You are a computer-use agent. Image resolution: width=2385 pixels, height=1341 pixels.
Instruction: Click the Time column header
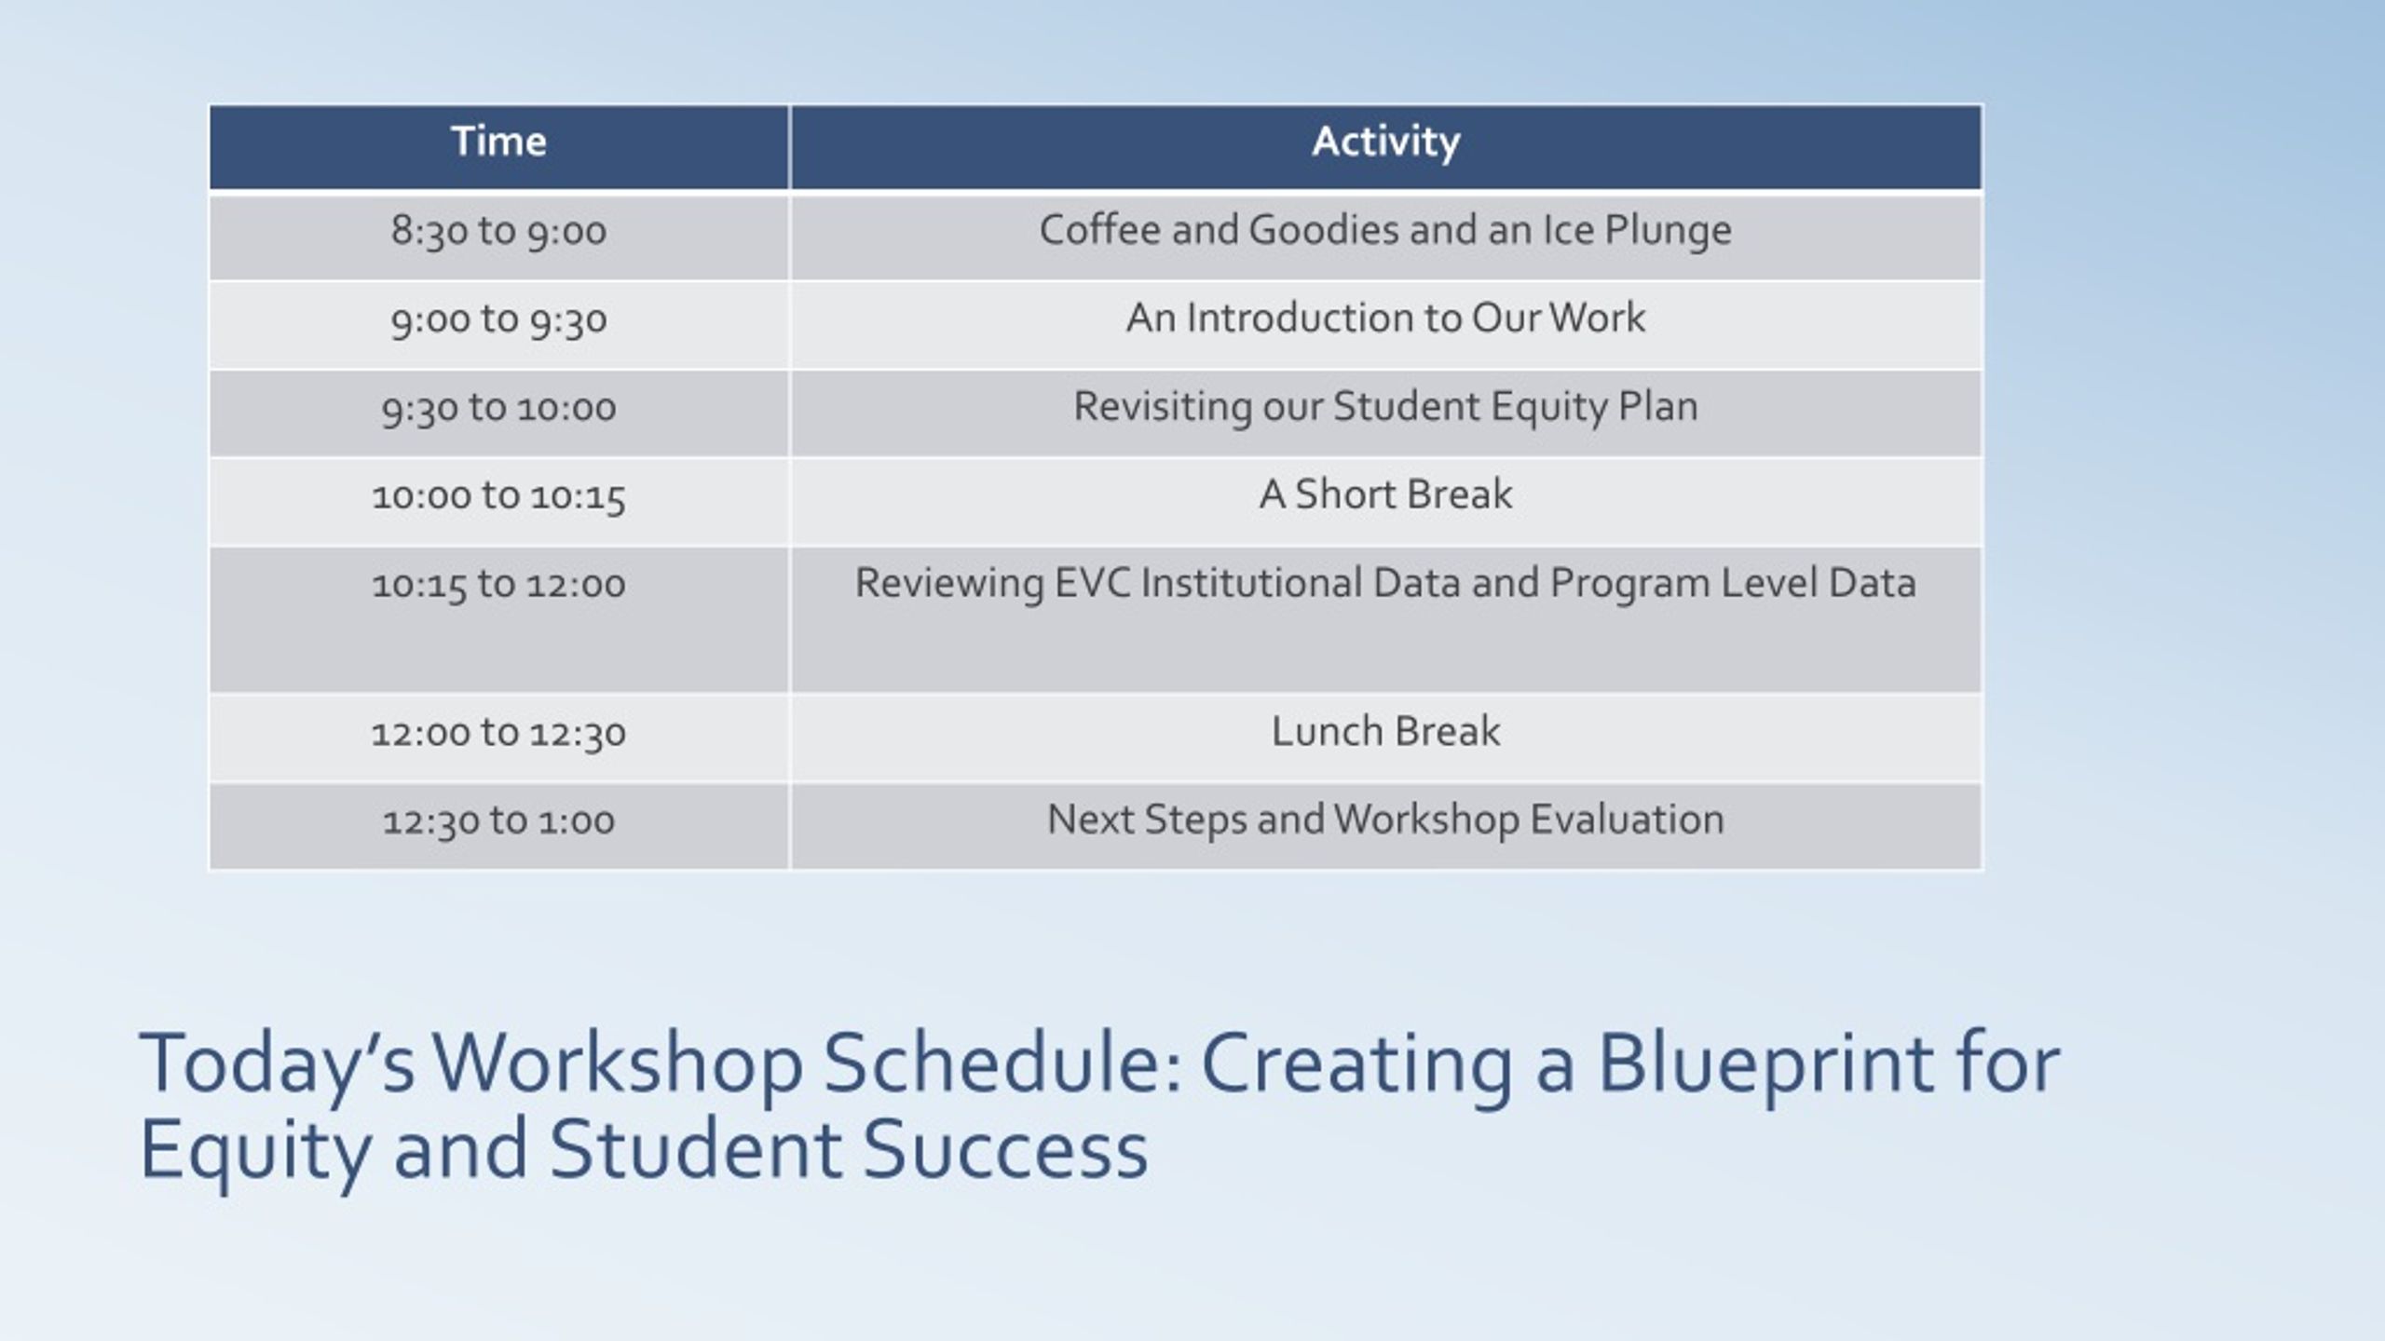(498, 142)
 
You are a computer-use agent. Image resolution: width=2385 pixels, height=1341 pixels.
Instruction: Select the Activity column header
(1385, 142)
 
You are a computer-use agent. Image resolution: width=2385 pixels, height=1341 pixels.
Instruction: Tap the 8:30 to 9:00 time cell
(498, 231)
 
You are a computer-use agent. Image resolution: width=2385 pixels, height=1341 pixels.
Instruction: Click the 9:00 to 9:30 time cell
(498, 319)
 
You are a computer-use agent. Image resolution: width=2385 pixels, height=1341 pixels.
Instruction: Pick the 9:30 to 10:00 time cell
(498, 408)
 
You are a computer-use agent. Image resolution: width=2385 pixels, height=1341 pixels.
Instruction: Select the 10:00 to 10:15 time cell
(498, 495)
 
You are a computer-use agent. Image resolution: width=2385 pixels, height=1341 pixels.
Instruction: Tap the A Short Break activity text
(1385, 494)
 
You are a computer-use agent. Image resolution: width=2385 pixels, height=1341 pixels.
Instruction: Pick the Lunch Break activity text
(1385, 732)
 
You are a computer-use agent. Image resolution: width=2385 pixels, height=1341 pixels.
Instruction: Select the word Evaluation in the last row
(1627, 820)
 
